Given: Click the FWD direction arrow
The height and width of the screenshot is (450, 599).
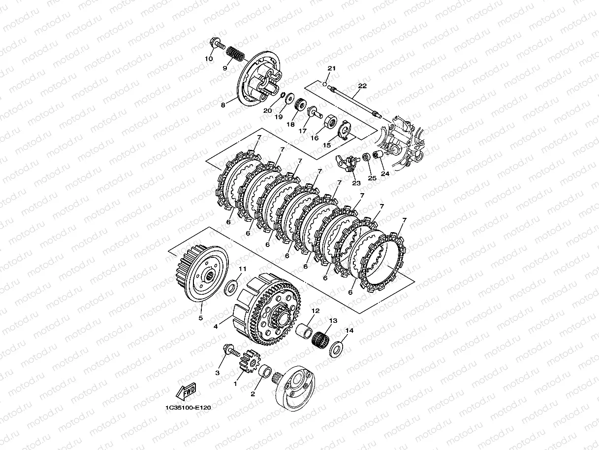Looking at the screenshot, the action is [x=186, y=391].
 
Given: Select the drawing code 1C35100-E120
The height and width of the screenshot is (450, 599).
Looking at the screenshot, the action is [x=188, y=408].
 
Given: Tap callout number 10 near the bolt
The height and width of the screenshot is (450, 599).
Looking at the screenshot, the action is [x=209, y=59].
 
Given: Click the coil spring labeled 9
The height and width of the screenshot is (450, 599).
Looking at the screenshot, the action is [x=235, y=55].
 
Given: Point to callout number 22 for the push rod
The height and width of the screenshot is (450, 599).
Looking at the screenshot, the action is [x=362, y=86].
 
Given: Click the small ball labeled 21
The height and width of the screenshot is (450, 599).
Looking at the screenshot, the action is [x=324, y=84].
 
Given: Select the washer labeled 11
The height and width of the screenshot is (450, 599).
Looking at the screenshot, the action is [x=231, y=288].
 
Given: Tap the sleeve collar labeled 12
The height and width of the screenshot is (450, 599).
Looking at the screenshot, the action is [x=304, y=330].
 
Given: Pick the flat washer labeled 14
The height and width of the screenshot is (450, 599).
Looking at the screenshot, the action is [x=336, y=348].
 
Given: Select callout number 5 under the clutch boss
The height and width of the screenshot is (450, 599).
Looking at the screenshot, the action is [x=201, y=318].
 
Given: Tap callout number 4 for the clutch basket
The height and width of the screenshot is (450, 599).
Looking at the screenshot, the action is [x=216, y=326].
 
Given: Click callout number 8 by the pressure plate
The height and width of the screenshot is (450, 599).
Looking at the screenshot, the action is [x=223, y=105].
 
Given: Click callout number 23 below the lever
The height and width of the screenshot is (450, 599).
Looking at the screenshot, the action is [x=356, y=183].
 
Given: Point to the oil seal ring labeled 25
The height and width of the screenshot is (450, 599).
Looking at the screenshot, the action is [x=366, y=157].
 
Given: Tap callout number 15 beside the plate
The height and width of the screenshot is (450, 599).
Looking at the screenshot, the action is [x=327, y=145].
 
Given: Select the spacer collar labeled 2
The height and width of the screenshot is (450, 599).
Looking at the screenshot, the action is [x=265, y=371].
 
